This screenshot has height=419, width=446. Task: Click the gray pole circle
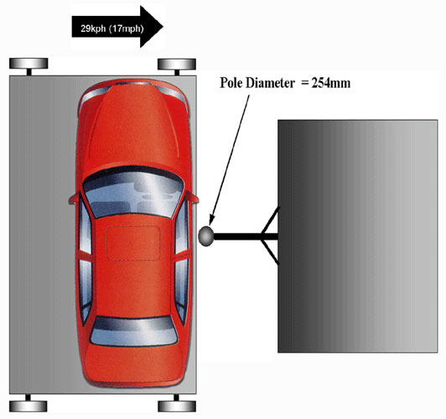(x=205, y=236)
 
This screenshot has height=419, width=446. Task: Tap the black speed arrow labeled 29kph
(x=117, y=27)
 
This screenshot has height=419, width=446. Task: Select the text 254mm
(x=331, y=83)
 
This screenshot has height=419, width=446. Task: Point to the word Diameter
(x=270, y=83)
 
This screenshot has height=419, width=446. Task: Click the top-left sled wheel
(x=29, y=64)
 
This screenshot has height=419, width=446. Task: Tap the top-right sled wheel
(x=177, y=64)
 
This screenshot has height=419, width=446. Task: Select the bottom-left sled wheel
(x=28, y=406)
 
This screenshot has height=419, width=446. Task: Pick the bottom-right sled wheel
(x=177, y=406)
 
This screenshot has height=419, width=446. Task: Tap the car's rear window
(x=133, y=332)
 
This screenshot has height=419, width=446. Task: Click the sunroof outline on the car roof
(x=132, y=243)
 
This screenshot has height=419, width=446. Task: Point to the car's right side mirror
(x=192, y=197)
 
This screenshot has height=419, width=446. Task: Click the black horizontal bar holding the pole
(x=245, y=236)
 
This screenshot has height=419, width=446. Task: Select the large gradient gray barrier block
(x=357, y=236)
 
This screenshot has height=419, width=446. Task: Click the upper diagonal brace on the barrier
(x=270, y=220)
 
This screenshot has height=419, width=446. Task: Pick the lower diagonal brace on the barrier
(x=270, y=252)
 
